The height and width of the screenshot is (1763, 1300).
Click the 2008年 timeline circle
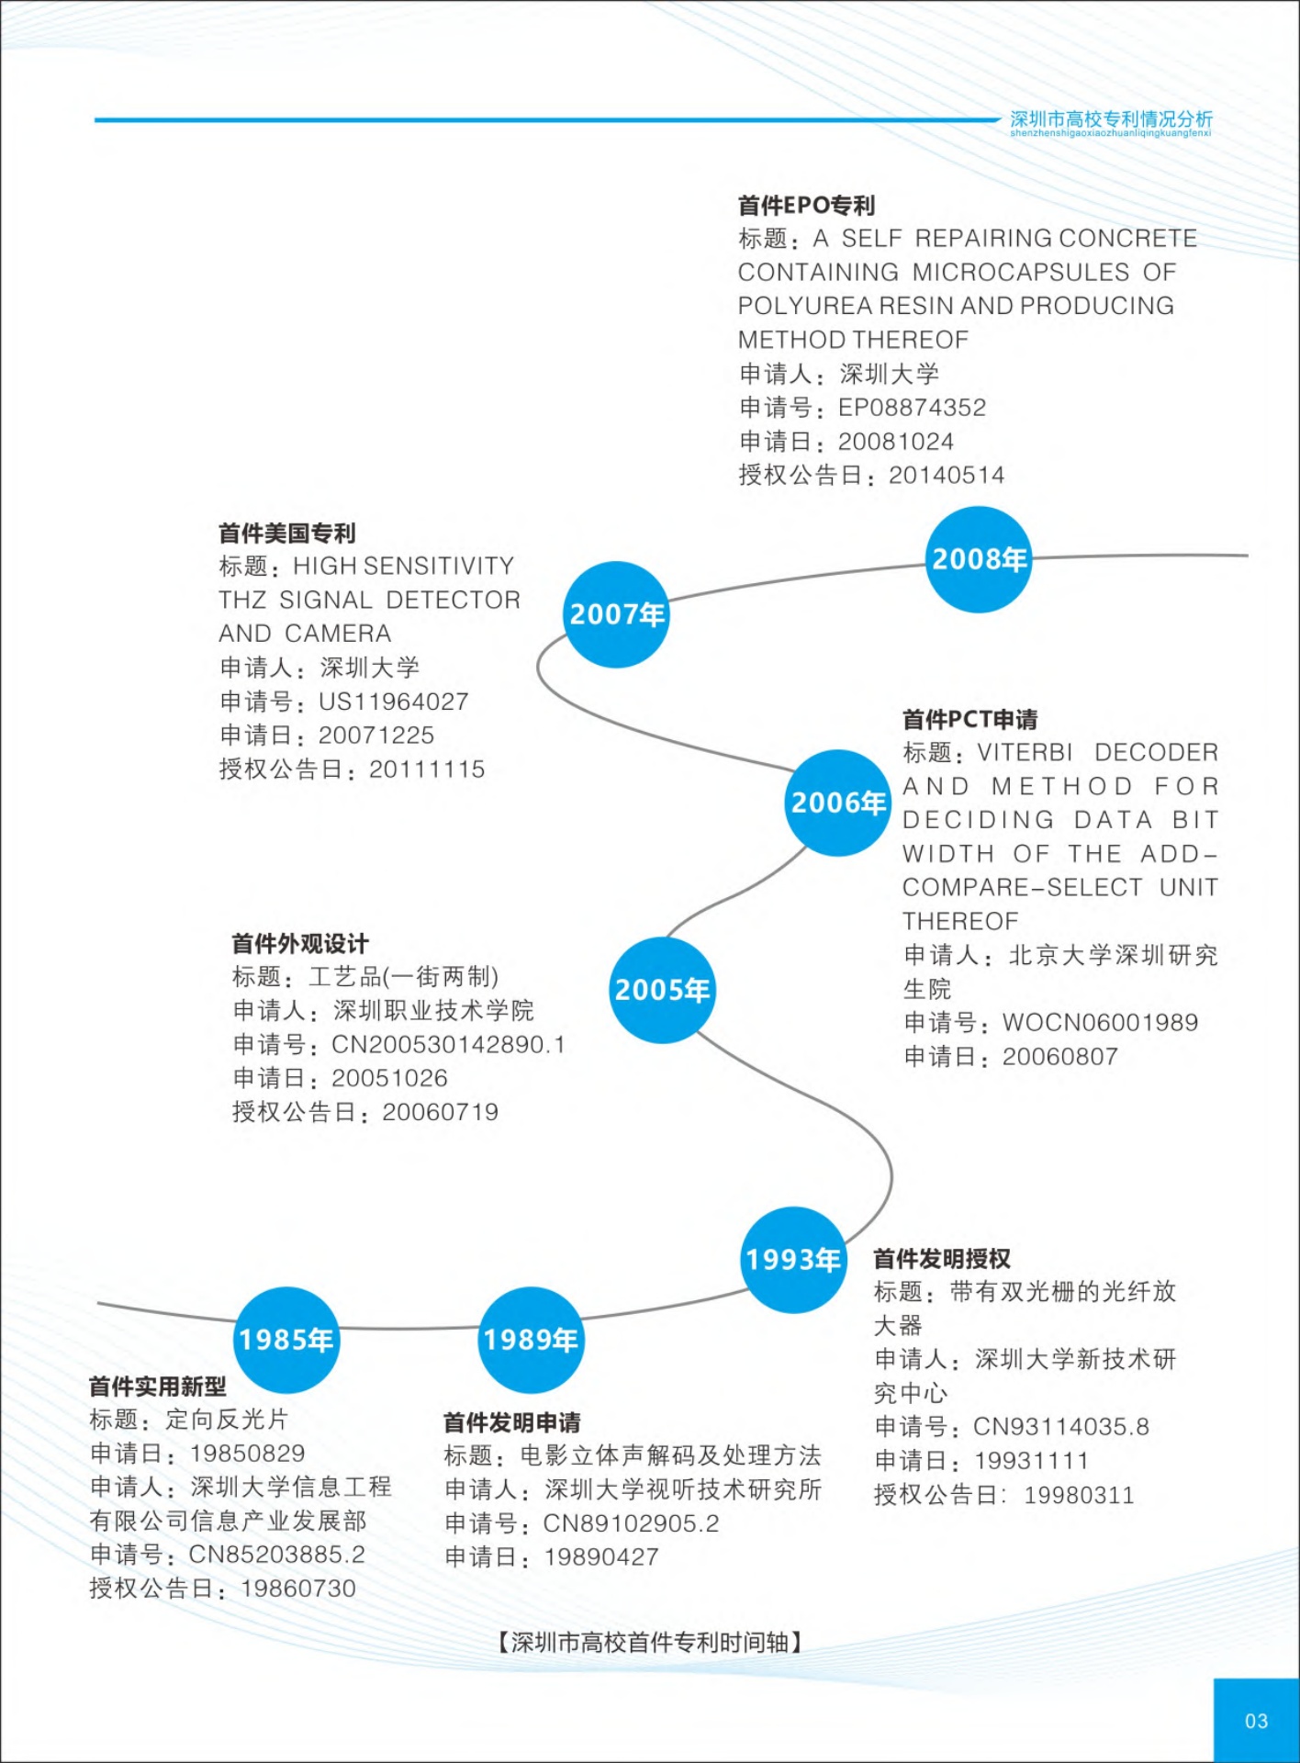click(978, 559)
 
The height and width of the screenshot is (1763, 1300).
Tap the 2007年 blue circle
click(616, 614)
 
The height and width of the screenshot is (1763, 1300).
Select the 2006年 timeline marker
click(838, 803)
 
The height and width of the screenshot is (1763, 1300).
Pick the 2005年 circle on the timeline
click(662, 990)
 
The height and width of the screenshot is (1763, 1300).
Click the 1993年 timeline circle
click(793, 1259)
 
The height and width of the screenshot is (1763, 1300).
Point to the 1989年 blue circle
click(531, 1340)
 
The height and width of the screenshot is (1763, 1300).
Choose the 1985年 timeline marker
click(286, 1340)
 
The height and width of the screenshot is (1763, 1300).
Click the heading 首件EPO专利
click(806, 206)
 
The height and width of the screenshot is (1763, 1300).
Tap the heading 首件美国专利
click(286, 533)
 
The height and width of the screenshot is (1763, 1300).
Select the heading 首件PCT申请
click(969, 719)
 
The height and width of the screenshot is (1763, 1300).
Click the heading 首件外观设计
click(299, 944)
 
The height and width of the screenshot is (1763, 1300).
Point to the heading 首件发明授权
click(941, 1259)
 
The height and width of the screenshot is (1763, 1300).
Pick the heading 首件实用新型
click(157, 1387)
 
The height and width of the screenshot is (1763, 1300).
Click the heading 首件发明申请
click(511, 1423)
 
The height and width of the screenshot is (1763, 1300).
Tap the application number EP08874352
click(912, 408)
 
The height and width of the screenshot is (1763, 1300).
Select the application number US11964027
click(393, 702)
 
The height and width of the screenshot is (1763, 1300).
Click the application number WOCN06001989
click(1100, 1023)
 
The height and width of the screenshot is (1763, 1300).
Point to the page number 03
click(1256, 1721)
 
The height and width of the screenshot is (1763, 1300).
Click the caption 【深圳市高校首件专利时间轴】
click(650, 1642)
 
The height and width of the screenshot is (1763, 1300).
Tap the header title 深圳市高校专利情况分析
click(1111, 119)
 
